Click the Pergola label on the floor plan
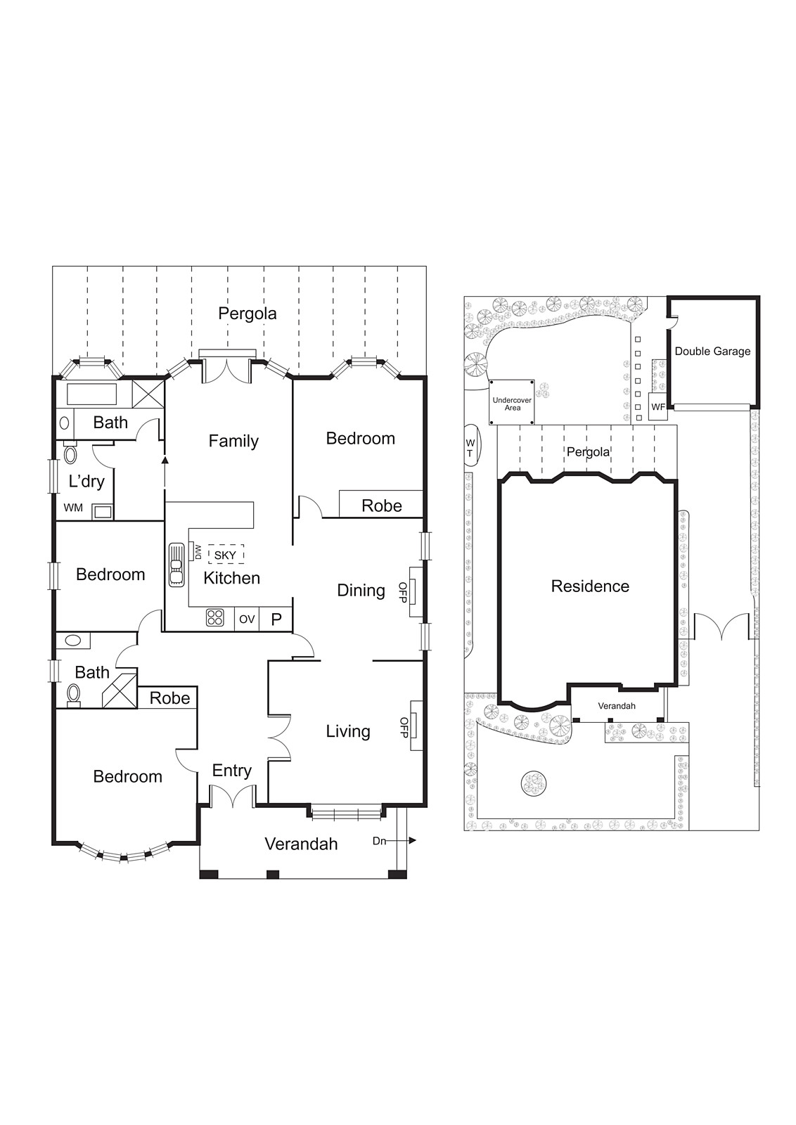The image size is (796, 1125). pyautogui.click(x=247, y=314)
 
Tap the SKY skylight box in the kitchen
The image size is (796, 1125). pyautogui.click(x=226, y=555)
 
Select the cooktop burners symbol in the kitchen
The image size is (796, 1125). pyautogui.click(x=215, y=618)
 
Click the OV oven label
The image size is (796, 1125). pyautogui.click(x=247, y=619)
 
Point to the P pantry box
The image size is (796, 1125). pyautogui.click(x=276, y=619)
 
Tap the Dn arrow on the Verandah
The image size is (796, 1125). pyautogui.click(x=394, y=841)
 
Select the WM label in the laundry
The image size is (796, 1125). pyautogui.click(x=73, y=508)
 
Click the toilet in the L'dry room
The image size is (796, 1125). pyautogui.click(x=70, y=453)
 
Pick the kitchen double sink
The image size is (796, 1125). pyautogui.click(x=176, y=565)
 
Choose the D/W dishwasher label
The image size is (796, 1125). pyautogui.click(x=198, y=552)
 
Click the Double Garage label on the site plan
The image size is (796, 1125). pyautogui.click(x=712, y=351)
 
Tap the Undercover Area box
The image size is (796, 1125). pyautogui.click(x=512, y=403)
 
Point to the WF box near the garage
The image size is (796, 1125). pyautogui.click(x=658, y=407)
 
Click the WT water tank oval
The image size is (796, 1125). pyautogui.click(x=470, y=448)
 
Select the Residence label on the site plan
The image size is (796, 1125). pyautogui.click(x=590, y=586)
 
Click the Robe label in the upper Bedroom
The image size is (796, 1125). pyautogui.click(x=381, y=506)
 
